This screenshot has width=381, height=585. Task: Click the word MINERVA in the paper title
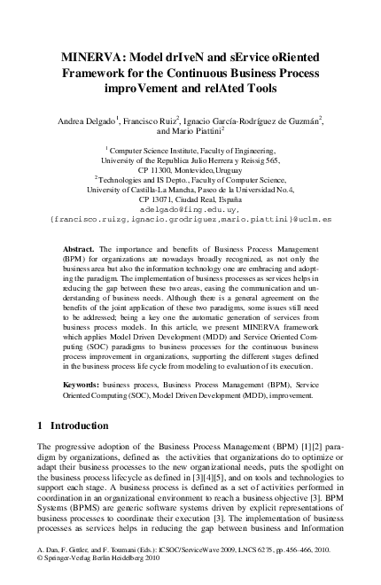click(x=85, y=54)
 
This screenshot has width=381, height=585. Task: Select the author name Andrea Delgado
click(x=87, y=119)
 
